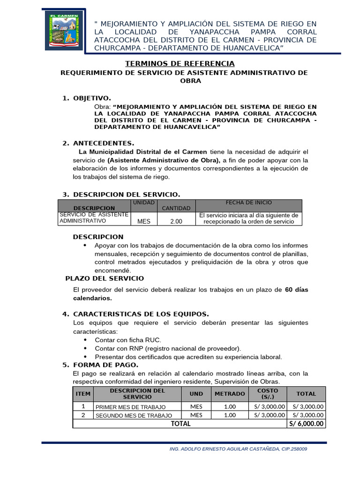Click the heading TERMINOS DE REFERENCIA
click(x=180, y=64)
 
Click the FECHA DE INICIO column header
click(x=248, y=202)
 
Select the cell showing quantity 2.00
click(x=176, y=221)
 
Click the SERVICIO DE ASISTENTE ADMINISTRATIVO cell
click(x=94, y=218)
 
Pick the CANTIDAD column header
click(x=176, y=208)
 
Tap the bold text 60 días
click(x=297, y=290)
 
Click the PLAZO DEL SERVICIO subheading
click(x=105, y=278)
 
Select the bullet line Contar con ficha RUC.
click(x=127, y=340)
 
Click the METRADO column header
click(x=230, y=394)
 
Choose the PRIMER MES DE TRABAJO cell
click(x=130, y=407)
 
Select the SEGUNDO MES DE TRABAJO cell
click(x=134, y=415)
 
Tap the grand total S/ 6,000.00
click(x=306, y=424)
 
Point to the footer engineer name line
click(x=238, y=449)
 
